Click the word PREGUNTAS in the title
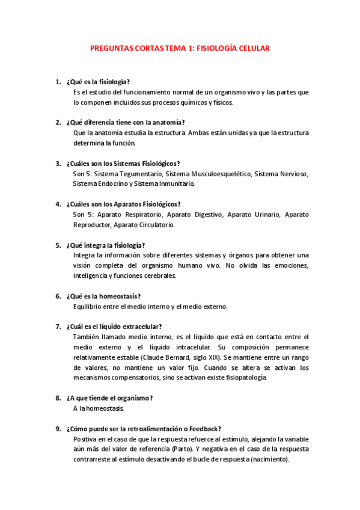click(x=111, y=48)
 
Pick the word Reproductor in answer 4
click(x=92, y=224)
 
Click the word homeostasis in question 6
click(x=120, y=296)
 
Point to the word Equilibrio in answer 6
click(x=89, y=307)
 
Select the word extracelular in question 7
click(x=139, y=327)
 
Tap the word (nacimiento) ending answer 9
click(x=268, y=459)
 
